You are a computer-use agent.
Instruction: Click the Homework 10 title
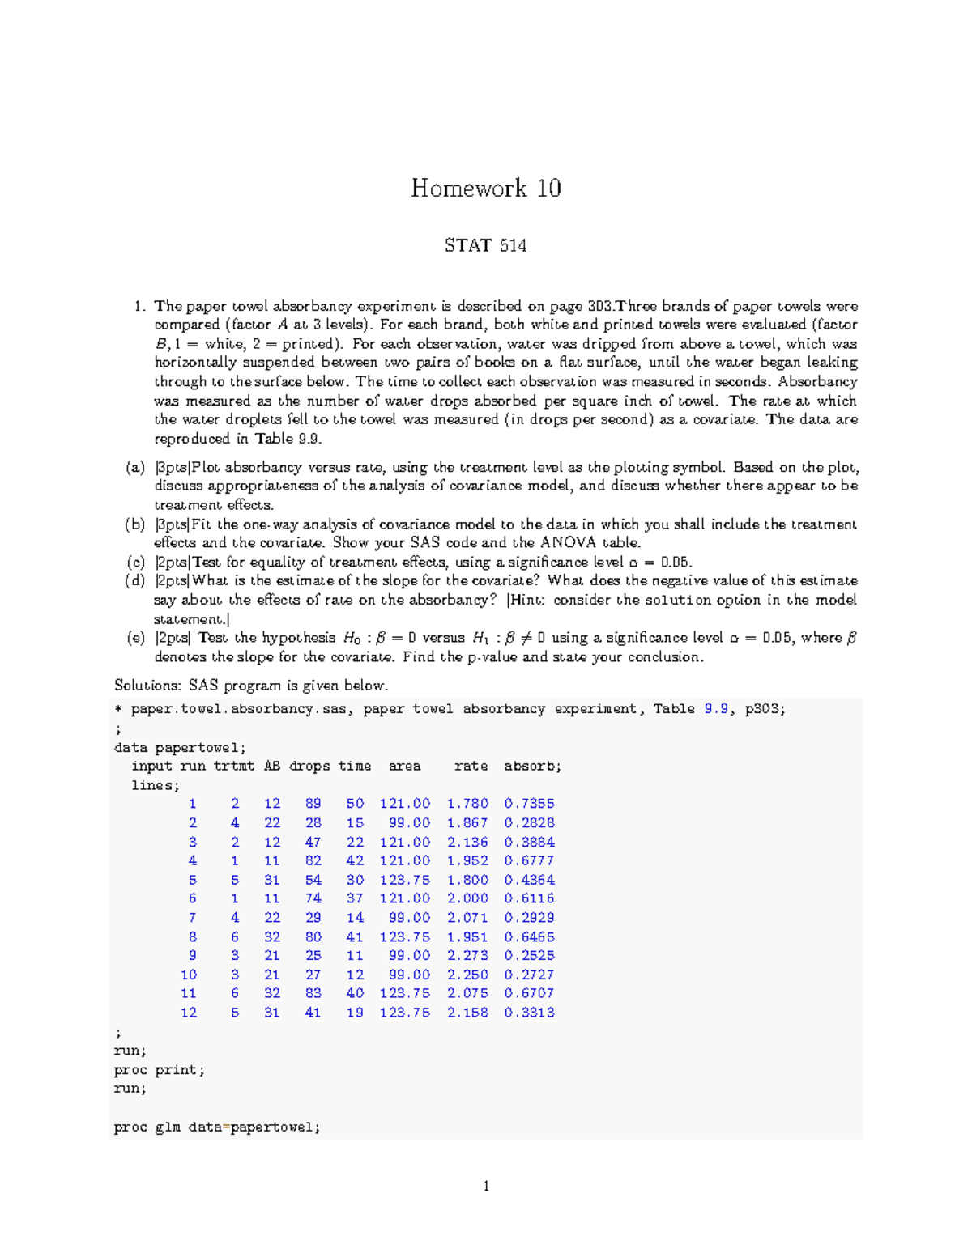coord(485,189)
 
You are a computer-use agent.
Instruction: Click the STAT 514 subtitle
coord(485,245)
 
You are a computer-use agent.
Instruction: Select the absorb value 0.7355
coord(529,804)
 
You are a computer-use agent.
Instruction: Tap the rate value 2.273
coord(467,956)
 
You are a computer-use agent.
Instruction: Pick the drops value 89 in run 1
coord(313,804)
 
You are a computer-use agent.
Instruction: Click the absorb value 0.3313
coord(529,1013)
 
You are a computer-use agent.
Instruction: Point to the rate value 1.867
coord(467,823)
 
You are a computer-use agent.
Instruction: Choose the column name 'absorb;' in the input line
coord(532,766)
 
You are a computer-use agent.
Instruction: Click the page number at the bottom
coord(486,1187)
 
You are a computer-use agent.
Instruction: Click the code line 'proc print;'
coord(159,1070)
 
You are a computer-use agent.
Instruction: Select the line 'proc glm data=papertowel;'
coord(217,1127)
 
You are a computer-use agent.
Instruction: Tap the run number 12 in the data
coord(188,1013)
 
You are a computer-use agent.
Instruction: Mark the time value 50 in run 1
coord(355,804)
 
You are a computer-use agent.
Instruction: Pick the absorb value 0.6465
coord(529,937)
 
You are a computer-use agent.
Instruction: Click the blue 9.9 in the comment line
coord(716,709)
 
